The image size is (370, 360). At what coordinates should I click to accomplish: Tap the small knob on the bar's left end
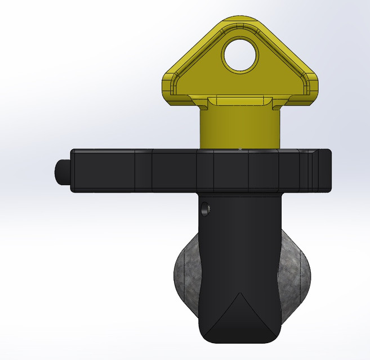point(61,170)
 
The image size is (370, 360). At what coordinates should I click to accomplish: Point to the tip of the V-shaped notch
point(240,293)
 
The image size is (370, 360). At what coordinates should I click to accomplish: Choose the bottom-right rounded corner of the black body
point(275,334)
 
